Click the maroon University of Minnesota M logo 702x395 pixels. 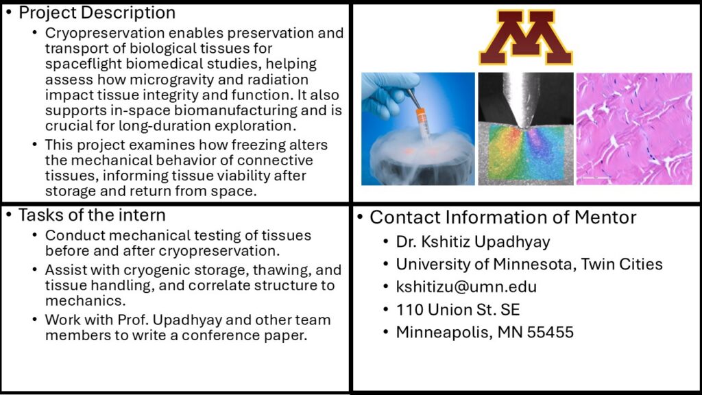(526, 37)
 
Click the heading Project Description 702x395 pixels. (97, 12)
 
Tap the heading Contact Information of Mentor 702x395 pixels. (503, 217)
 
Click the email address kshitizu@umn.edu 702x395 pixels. (466, 287)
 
